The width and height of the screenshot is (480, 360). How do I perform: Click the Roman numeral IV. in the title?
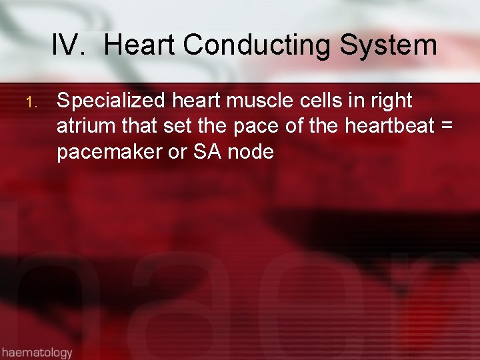[x=70, y=45]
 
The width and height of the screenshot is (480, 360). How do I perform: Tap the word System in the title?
[x=388, y=45]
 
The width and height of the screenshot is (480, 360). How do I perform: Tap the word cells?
[x=313, y=101]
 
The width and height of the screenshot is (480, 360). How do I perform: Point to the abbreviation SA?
[x=207, y=151]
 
